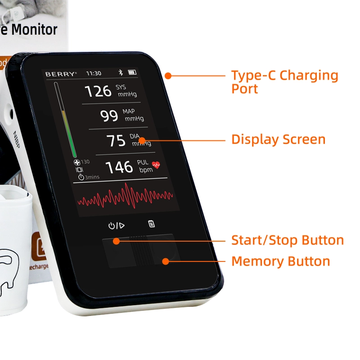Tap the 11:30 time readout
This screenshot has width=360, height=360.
94,73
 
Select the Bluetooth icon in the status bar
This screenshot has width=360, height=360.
120,72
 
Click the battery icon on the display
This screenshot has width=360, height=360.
132,72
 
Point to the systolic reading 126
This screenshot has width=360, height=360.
98,91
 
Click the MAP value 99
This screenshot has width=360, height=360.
109,116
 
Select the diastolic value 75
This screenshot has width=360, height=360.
116,140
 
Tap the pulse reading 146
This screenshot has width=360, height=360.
119,167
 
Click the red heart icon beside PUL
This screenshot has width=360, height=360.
156,165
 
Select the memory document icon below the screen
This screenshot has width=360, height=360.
152,224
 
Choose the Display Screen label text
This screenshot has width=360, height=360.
278,139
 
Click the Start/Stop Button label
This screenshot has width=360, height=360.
288,240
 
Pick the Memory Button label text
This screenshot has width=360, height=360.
280,261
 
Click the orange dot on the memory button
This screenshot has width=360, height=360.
166,261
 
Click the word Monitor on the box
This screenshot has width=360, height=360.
34,30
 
